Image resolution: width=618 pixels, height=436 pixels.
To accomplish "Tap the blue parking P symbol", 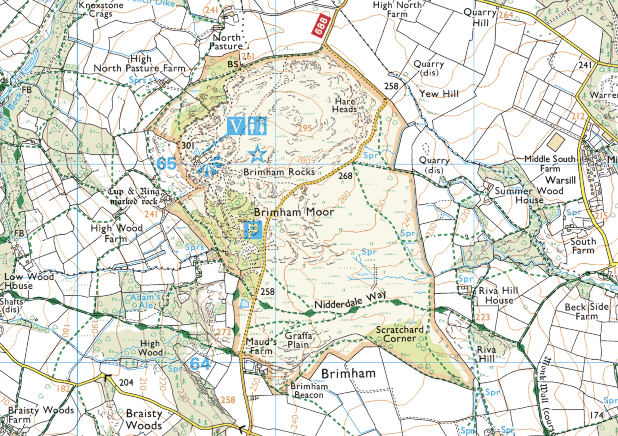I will point(253,230).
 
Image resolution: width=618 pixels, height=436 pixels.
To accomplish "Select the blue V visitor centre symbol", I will point(236,126).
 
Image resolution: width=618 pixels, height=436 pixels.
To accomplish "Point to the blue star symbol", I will point(257,154).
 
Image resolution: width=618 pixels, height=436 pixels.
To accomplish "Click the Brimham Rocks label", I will point(279,172).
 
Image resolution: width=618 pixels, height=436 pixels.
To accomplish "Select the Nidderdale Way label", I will point(350,300).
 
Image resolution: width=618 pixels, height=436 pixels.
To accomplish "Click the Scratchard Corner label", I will point(400,334).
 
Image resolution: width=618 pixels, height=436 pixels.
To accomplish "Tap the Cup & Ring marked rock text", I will point(134,196).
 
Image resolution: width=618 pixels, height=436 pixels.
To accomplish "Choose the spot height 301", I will point(188,146).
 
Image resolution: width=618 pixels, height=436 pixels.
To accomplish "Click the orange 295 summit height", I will point(305,128).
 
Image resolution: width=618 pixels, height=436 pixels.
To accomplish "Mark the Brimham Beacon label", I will point(309,390).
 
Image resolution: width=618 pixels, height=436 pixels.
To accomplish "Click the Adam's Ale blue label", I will point(146,301).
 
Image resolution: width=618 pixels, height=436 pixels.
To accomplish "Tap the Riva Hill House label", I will point(499,295).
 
